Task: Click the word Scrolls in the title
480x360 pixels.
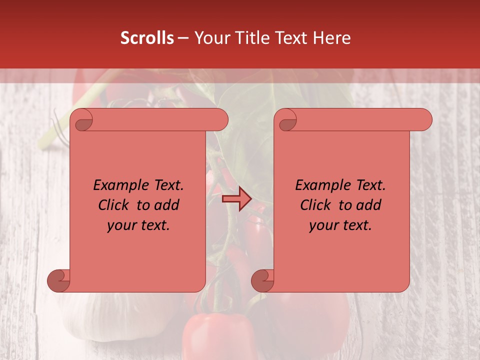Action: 147,38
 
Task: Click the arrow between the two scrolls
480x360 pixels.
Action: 236,199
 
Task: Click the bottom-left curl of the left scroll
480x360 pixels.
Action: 59,280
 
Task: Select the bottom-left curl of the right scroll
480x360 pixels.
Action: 263,280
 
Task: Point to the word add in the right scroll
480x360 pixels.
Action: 368,205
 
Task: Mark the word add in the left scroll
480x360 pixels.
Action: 166,205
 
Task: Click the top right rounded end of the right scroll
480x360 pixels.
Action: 422,120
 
